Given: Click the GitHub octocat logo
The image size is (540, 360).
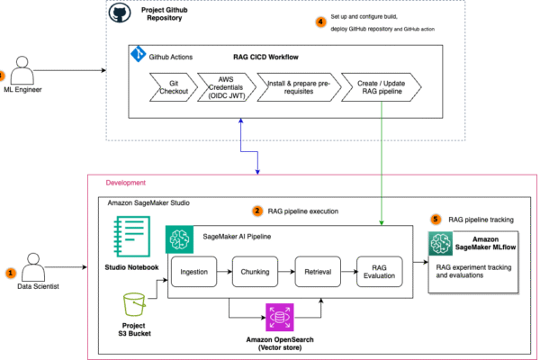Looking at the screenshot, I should click(x=119, y=13).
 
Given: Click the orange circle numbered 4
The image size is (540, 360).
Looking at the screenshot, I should click(x=321, y=22).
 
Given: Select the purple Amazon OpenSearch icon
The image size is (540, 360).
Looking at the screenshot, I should click(x=277, y=319).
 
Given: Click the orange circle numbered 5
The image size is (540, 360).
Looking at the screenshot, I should click(x=436, y=219).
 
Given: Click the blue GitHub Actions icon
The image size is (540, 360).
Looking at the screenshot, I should click(x=139, y=53).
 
